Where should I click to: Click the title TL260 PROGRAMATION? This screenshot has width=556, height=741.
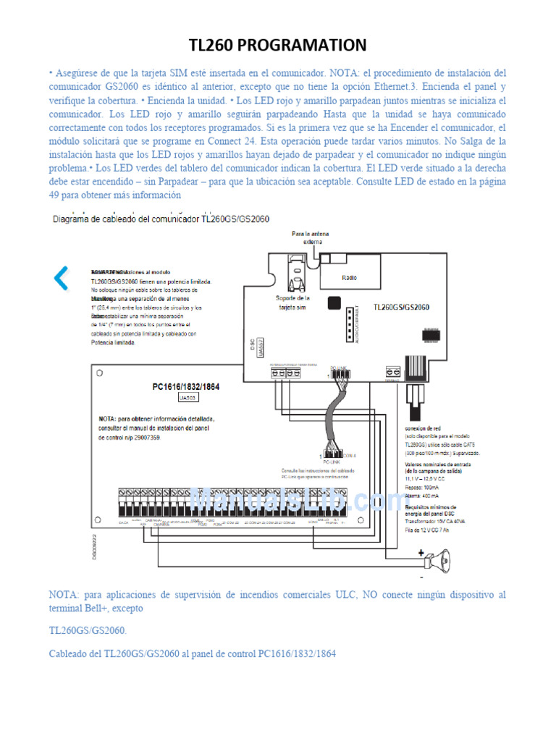pyautogui.click(x=278, y=46)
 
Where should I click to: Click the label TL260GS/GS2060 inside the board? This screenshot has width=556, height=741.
pyautogui.click(x=401, y=307)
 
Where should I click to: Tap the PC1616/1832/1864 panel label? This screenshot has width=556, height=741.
pyautogui.click(x=186, y=386)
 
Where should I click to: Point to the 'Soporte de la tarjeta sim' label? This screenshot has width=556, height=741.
pyautogui.click(x=293, y=302)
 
